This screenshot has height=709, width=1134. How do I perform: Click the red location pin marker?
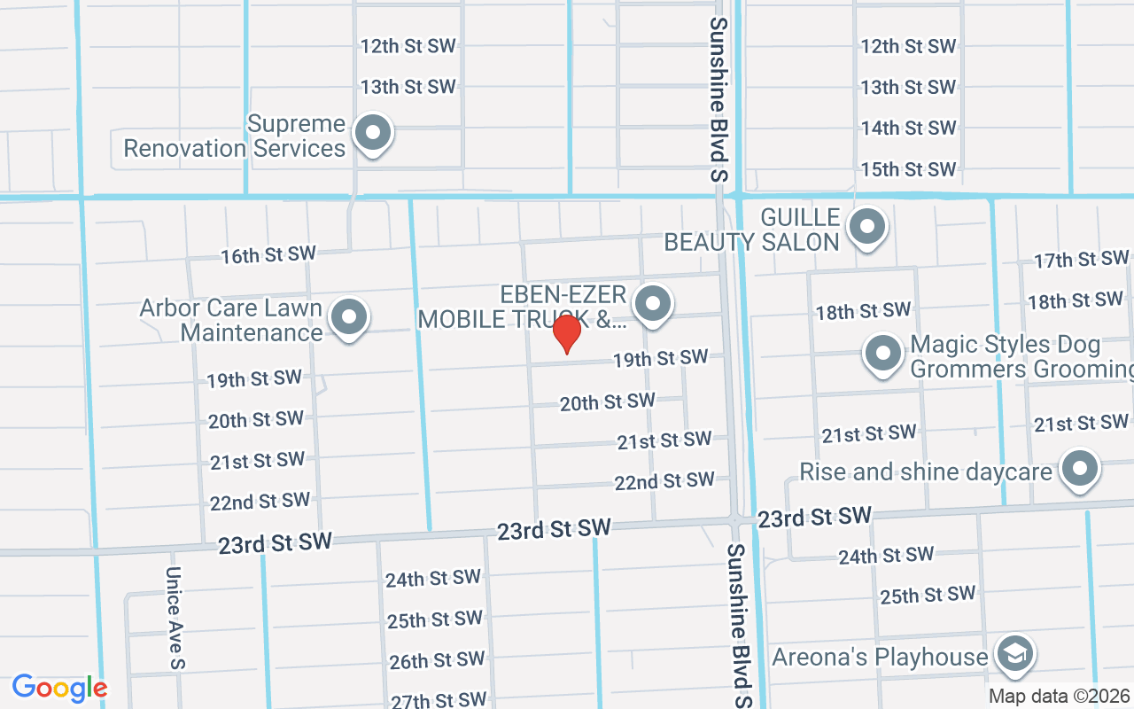pyautogui.click(x=566, y=334)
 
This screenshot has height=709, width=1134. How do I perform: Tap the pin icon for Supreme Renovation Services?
pyautogui.click(x=373, y=134)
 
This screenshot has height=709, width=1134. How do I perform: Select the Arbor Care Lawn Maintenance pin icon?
pyautogui.click(x=349, y=316)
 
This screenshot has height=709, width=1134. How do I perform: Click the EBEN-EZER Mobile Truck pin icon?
pyautogui.click(x=654, y=303)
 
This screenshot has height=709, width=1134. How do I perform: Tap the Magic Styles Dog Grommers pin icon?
pyautogui.click(x=882, y=354)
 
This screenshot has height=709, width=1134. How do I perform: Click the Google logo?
pyautogui.click(x=59, y=688)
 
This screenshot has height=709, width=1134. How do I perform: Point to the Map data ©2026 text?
pyautogui.click(x=1060, y=696)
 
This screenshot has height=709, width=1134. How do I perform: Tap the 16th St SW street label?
pyautogui.click(x=268, y=255)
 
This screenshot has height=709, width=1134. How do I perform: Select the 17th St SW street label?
pyautogui.click(x=1081, y=260)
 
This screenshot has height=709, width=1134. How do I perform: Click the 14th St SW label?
pyautogui.click(x=908, y=129)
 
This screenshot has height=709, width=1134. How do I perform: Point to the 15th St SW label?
pyautogui.click(x=908, y=169)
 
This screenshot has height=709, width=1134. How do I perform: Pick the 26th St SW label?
pyautogui.click(x=437, y=660)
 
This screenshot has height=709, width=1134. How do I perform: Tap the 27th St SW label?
pyautogui.click(x=439, y=700)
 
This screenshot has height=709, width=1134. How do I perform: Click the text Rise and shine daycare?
pyautogui.click(x=925, y=471)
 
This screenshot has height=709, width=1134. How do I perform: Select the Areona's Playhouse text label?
pyautogui.click(x=879, y=658)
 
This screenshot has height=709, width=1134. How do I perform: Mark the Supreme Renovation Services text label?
pyautogui.click(x=234, y=136)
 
